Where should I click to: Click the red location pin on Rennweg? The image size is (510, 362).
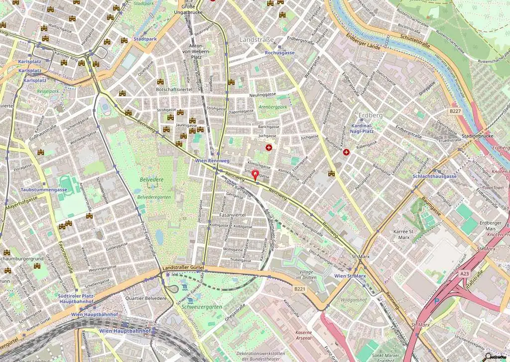click(256, 175)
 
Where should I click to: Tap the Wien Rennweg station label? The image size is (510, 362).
click(212, 161)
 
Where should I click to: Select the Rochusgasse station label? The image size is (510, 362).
click(279, 52)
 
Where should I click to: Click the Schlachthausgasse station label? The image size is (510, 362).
click(434, 177)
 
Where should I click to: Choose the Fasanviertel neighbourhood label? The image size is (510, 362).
click(233, 214)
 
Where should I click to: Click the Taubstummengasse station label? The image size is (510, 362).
click(44, 189)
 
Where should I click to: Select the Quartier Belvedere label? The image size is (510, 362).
click(145, 298)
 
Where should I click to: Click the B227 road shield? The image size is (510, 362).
click(454, 111)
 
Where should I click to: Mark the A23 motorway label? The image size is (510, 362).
click(464, 273)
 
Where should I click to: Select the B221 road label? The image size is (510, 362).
click(299, 289)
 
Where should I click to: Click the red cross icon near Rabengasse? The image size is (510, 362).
click(346, 152)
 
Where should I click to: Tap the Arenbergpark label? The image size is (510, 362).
click(273, 107)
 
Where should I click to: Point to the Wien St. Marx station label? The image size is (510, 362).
click(350, 276)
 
